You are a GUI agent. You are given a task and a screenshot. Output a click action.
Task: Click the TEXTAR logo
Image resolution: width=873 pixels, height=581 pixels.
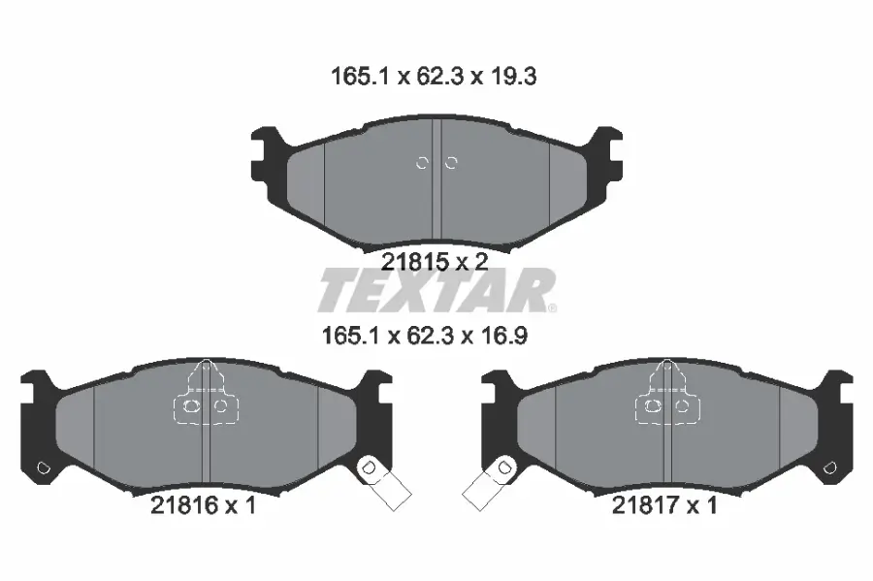[436, 290]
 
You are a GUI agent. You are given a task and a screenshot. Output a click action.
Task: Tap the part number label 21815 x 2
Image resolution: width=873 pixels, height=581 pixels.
[434, 260]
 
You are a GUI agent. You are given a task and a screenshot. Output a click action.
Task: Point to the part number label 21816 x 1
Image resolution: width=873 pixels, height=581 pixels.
[203, 505]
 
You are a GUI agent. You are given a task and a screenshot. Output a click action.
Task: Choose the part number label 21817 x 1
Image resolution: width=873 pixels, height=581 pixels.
[664, 505]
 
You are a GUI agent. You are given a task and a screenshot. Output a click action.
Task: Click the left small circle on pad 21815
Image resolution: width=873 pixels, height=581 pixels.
[422, 163]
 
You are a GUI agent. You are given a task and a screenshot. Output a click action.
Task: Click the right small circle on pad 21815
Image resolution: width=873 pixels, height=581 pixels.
[450, 163]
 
